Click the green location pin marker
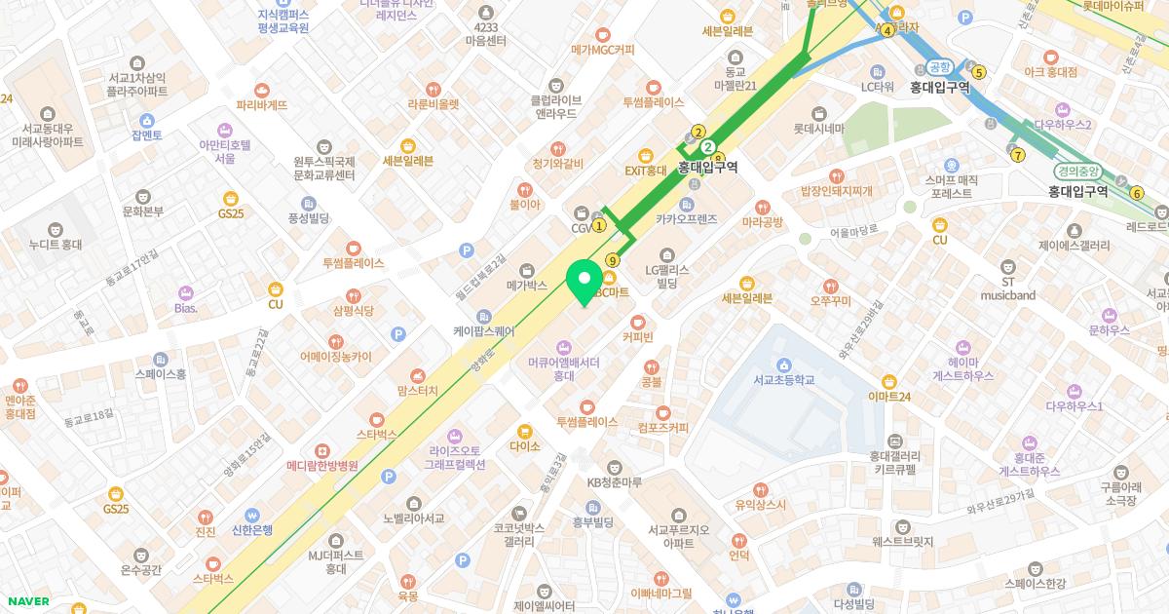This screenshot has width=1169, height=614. point(584,280)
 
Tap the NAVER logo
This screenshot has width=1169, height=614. point(25,601)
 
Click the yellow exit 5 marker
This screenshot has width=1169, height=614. point(979,71)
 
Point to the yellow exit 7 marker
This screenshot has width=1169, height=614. point(1018,154)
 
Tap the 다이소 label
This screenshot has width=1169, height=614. point(524,445)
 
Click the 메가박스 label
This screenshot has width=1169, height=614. point(527,286)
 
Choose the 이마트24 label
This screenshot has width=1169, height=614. point(888,396)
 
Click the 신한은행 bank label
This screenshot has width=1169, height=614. point(252,530)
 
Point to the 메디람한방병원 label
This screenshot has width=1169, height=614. point(322,466)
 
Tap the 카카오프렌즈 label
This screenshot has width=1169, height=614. point(686,219)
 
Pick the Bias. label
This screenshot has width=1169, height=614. point(185,308)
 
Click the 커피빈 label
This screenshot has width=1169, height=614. point(638,337)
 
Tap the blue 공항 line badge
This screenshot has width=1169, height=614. point(939,66)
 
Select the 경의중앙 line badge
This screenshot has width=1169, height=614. point(1076,171)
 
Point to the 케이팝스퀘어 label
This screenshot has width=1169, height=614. point(484,330)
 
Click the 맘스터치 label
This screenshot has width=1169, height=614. point(418,390)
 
